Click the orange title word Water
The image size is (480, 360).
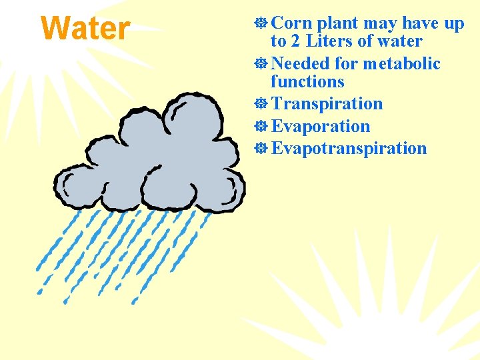85,29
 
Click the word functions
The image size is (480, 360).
307,82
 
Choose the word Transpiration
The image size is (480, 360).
327,104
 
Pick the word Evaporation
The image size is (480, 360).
321,126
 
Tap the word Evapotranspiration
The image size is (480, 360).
349,148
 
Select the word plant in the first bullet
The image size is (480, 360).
338,24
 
